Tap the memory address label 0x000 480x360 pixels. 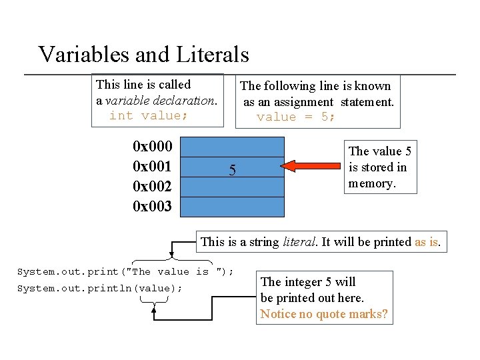point(152,146)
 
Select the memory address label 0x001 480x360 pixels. point(152,166)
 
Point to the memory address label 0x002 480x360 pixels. point(152,187)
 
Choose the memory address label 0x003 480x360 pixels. point(152,207)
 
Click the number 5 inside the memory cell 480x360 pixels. point(232,171)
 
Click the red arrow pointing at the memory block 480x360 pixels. point(313,164)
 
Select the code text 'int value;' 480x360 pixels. point(149,115)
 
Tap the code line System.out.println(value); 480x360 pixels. point(99,288)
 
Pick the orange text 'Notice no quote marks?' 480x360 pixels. point(324,314)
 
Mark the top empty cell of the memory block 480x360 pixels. point(233,147)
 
